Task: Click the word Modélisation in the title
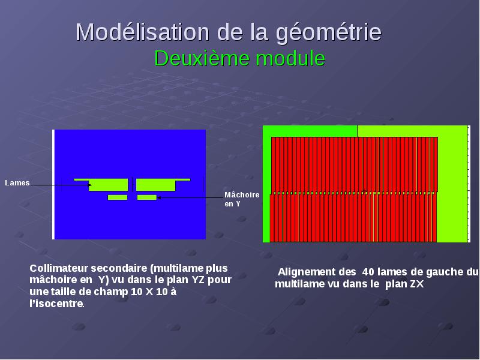point(142,32)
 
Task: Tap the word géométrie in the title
point(328,33)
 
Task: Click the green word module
point(290,58)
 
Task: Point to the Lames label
point(17,183)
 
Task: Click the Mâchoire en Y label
point(242,199)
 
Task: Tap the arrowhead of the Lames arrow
point(90,185)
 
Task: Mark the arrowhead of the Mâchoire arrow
point(159,197)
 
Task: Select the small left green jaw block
point(118,197)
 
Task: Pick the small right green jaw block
point(146,197)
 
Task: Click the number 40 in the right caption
point(368,272)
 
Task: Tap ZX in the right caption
point(417,284)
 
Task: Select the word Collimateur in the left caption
point(59,268)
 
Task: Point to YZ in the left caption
point(199,280)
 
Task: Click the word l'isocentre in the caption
point(57,304)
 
